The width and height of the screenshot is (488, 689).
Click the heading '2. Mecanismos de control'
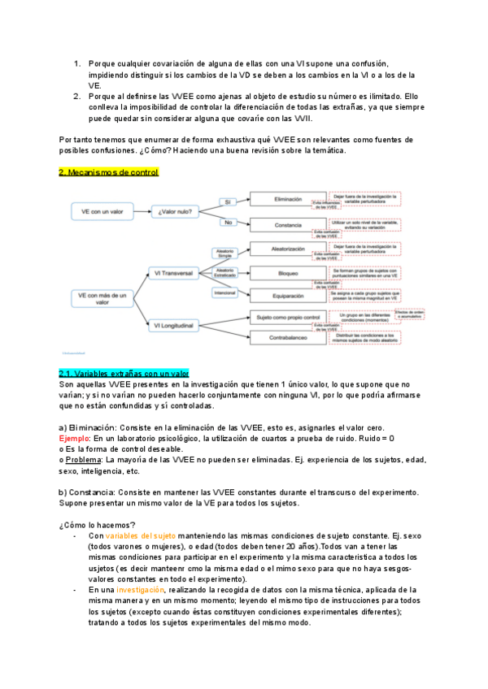pos(109,172)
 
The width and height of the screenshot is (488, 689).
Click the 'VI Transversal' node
pos(173,274)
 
